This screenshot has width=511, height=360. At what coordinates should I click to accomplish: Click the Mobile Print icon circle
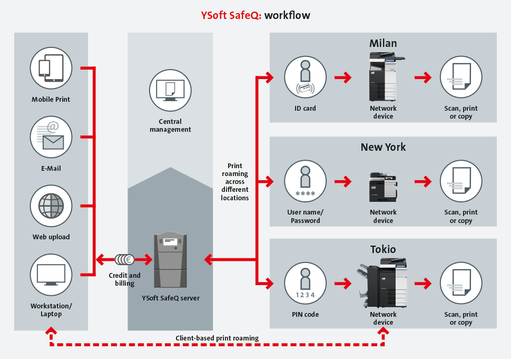[x=51, y=68]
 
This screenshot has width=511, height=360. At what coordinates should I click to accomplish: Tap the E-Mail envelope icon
[x=51, y=137]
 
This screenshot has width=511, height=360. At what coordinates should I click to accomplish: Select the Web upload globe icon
[x=51, y=206]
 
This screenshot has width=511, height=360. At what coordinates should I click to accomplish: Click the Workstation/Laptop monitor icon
[x=51, y=275]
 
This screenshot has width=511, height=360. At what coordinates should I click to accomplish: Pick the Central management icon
[x=170, y=90]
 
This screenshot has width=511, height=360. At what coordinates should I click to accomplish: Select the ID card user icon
[x=306, y=77]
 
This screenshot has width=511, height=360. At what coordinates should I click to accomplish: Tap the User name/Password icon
[x=306, y=181]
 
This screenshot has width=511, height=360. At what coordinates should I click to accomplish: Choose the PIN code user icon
[x=306, y=284]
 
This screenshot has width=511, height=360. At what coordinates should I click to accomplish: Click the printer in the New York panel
[x=383, y=187]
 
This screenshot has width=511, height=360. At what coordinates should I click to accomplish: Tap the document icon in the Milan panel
[x=461, y=77]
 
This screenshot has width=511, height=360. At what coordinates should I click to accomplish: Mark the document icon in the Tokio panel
[x=461, y=284]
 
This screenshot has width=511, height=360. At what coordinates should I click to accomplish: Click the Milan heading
[x=383, y=43]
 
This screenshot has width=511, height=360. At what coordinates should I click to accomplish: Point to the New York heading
[x=383, y=147]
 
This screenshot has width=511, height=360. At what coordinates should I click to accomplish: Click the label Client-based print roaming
[x=217, y=337]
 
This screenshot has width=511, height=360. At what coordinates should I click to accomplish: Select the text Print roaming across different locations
[x=235, y=182]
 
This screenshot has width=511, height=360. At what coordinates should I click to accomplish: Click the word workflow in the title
[x=287, y=15]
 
